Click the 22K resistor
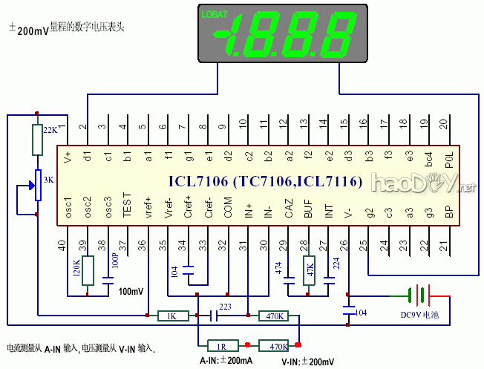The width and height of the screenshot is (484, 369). pyautogui.click(x=37, y=140)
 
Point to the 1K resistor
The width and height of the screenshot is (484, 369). pyautogui.click(x=172, y=316)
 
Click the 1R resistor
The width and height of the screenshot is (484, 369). pyautogui.click(x=221, y=345)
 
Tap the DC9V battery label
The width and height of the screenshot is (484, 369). pyautogui.click(x=419, y=316)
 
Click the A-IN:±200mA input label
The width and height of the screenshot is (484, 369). pyautogui.click(x=224, y=362)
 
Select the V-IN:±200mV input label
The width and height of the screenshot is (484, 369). pyautogui.click(x=307, y=362)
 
